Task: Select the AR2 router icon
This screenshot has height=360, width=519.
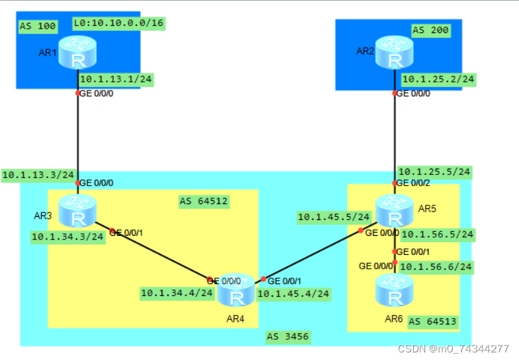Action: pos(395,52)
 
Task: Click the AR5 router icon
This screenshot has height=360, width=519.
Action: pos(395,211)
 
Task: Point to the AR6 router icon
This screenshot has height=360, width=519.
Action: pos(395,291)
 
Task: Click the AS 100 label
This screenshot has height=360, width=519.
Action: pos(37,27)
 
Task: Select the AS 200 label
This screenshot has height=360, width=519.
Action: pos(430,30)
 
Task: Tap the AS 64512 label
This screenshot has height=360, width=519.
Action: pos(203,202)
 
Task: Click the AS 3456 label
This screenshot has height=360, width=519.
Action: pos(288,337)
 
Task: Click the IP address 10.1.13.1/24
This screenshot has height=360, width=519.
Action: pos(116,80)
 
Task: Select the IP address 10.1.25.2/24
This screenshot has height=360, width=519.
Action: pos(438,79)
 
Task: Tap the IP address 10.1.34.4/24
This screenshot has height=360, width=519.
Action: pos(177,293)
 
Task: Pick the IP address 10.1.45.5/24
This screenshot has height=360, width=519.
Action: pos(334,217)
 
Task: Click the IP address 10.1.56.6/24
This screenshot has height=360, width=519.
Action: pos(438,266)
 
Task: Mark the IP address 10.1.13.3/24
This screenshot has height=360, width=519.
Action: pos(39,174)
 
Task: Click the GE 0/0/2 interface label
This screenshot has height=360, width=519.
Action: pos(414,183)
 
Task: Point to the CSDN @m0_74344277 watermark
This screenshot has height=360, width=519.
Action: pos(453,349)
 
